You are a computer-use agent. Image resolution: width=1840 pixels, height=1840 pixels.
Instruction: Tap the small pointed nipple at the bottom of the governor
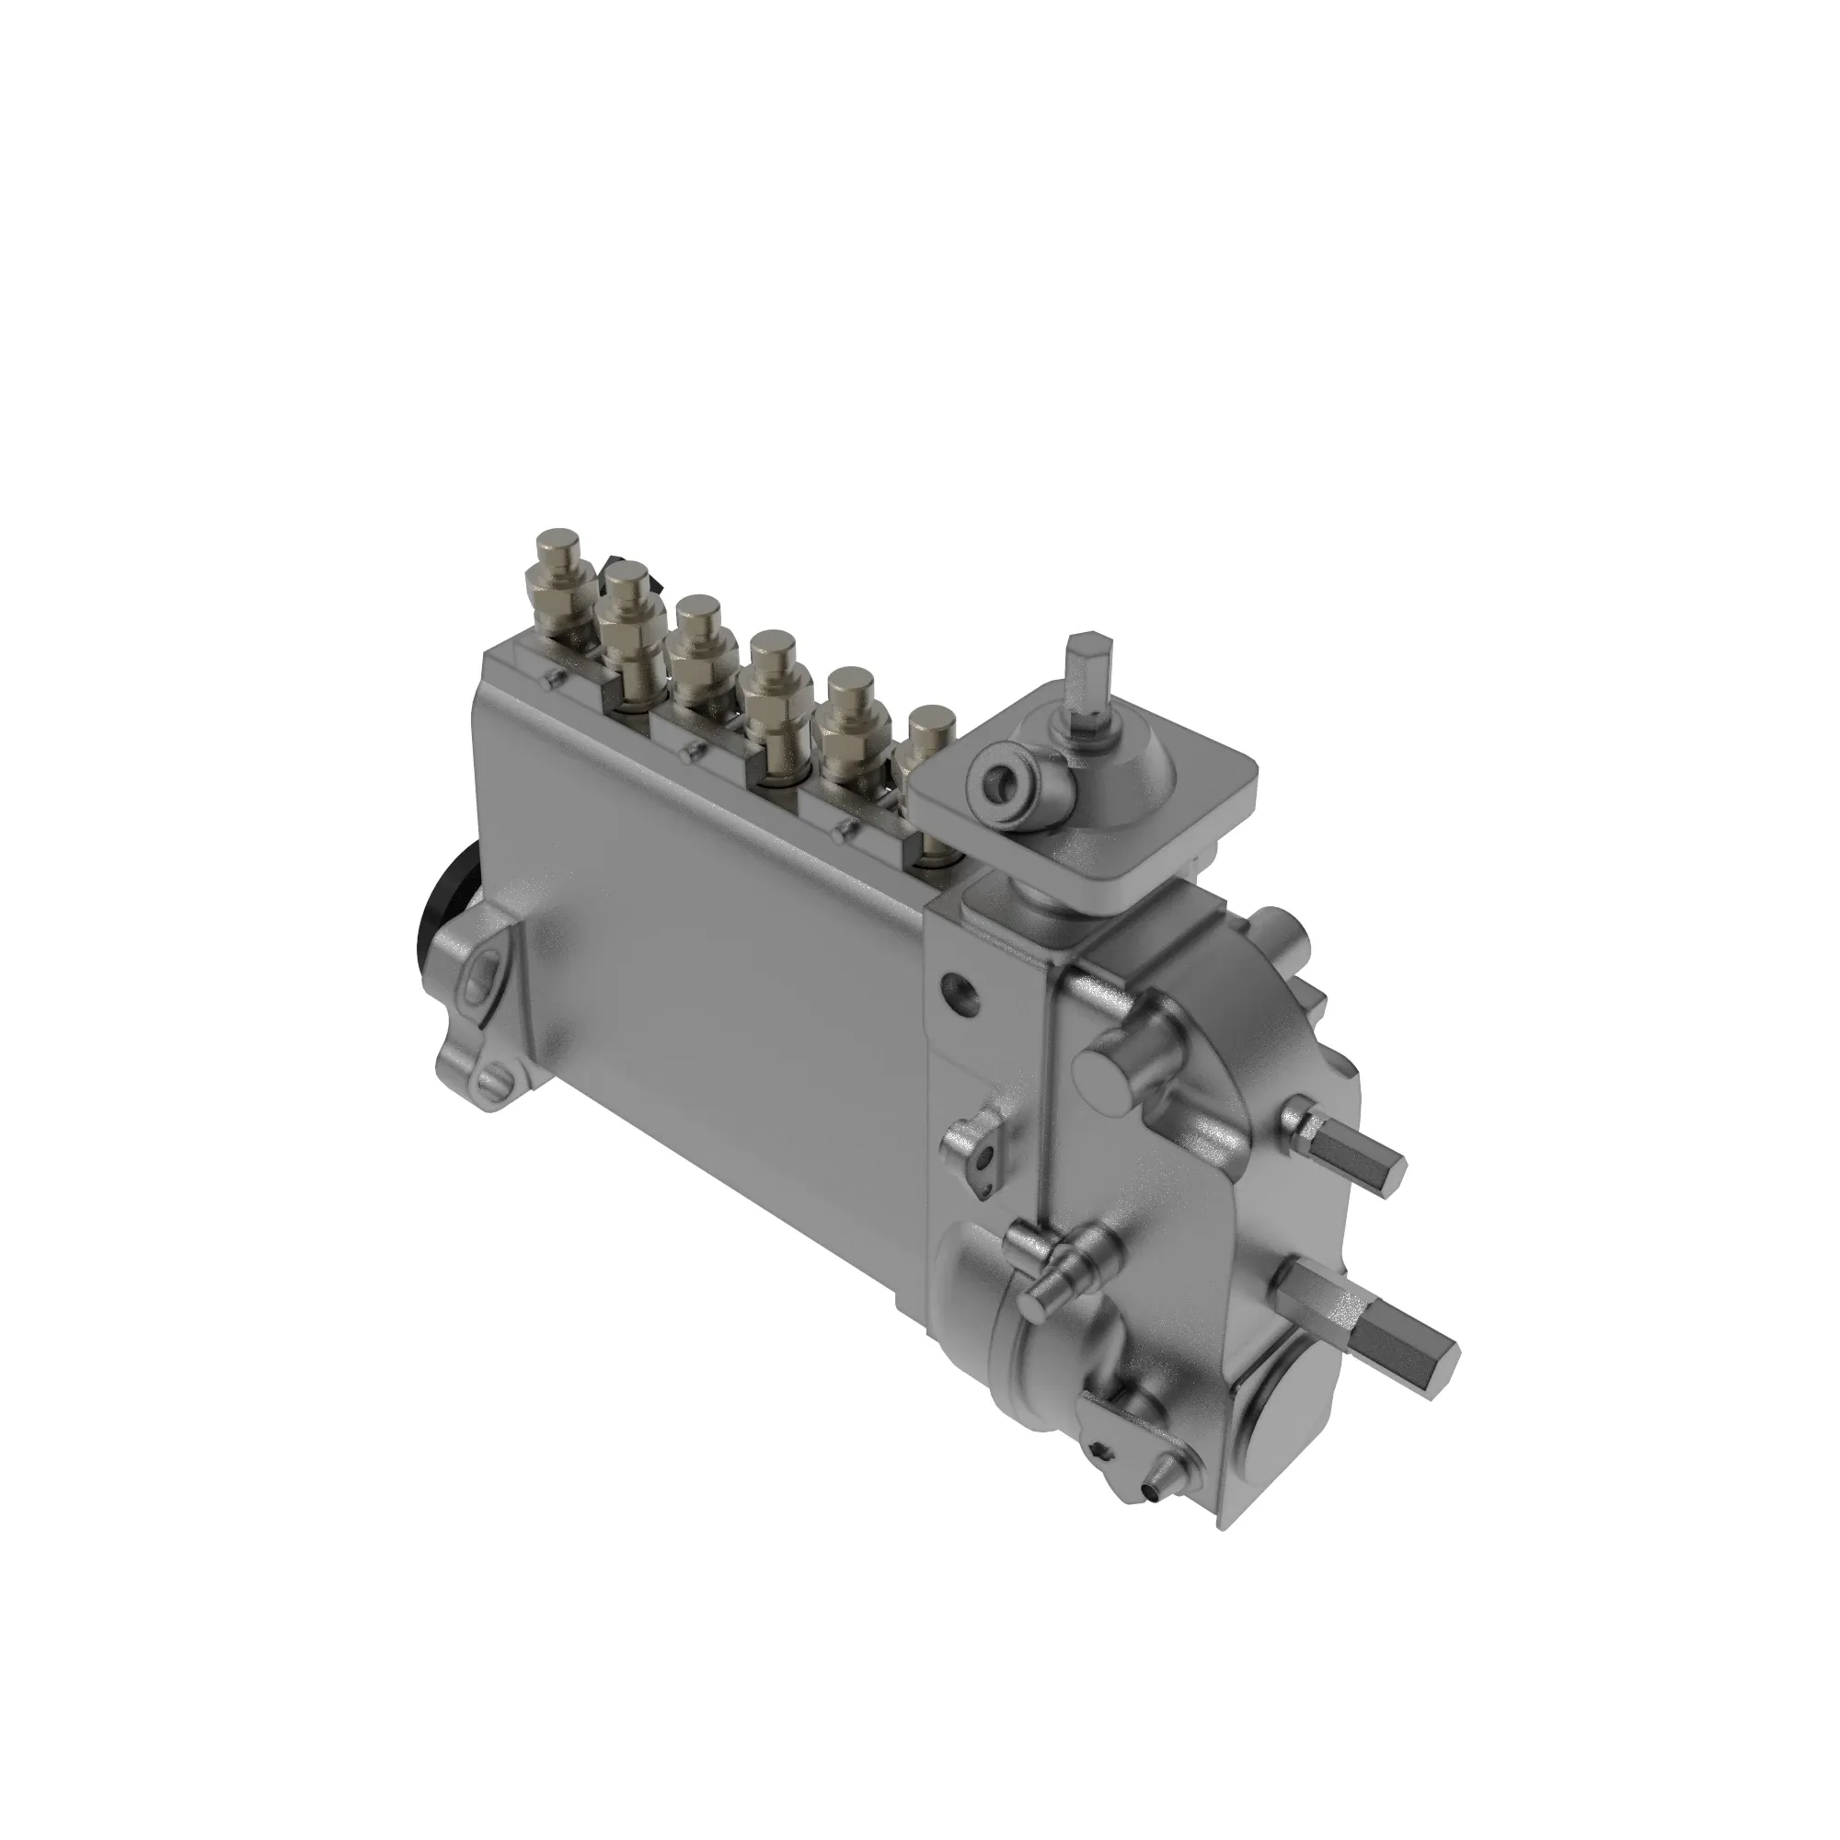pos(1157,1505)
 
